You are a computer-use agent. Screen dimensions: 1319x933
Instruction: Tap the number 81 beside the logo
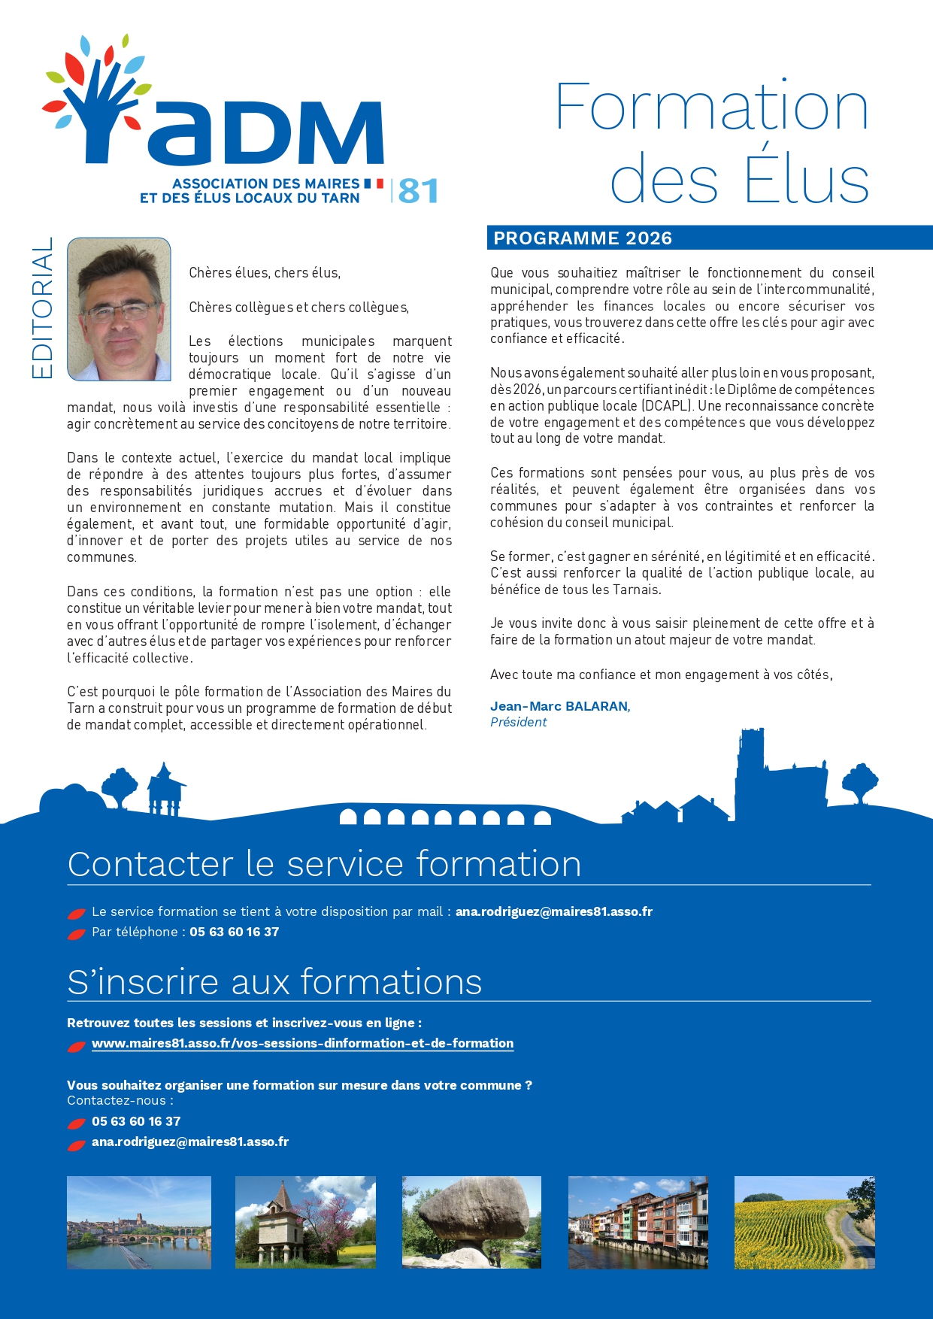[x=418, y=191]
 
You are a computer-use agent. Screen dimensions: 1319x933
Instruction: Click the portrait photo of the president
[x=119, y=309]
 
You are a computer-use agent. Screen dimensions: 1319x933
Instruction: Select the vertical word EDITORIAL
[x=43, y=308]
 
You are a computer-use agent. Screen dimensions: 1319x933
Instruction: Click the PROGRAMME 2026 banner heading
[x=583, y=238]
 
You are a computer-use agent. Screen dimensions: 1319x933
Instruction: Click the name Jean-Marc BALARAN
[x=559, y=706]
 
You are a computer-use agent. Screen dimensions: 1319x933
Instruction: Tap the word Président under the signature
[x=518, y=722]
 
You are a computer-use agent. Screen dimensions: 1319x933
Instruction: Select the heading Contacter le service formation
[x=324, y=864]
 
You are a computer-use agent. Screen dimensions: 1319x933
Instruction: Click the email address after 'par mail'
[x=553, y=911]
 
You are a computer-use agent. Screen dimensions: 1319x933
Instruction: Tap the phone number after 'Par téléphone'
[x=234, y=932]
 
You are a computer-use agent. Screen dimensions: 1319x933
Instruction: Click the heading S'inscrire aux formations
[x=274, y=982]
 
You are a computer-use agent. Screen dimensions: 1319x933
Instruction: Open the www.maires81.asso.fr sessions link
[x=302, y=1043]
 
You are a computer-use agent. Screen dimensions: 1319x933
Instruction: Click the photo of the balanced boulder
[x=471, y=1221]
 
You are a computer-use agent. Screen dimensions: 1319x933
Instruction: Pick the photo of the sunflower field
[x=804, y=1222]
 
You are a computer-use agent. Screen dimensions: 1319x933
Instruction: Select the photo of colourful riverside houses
[x=638, y=1222]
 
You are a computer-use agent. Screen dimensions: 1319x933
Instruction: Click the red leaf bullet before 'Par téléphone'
[x=76, y=934]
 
